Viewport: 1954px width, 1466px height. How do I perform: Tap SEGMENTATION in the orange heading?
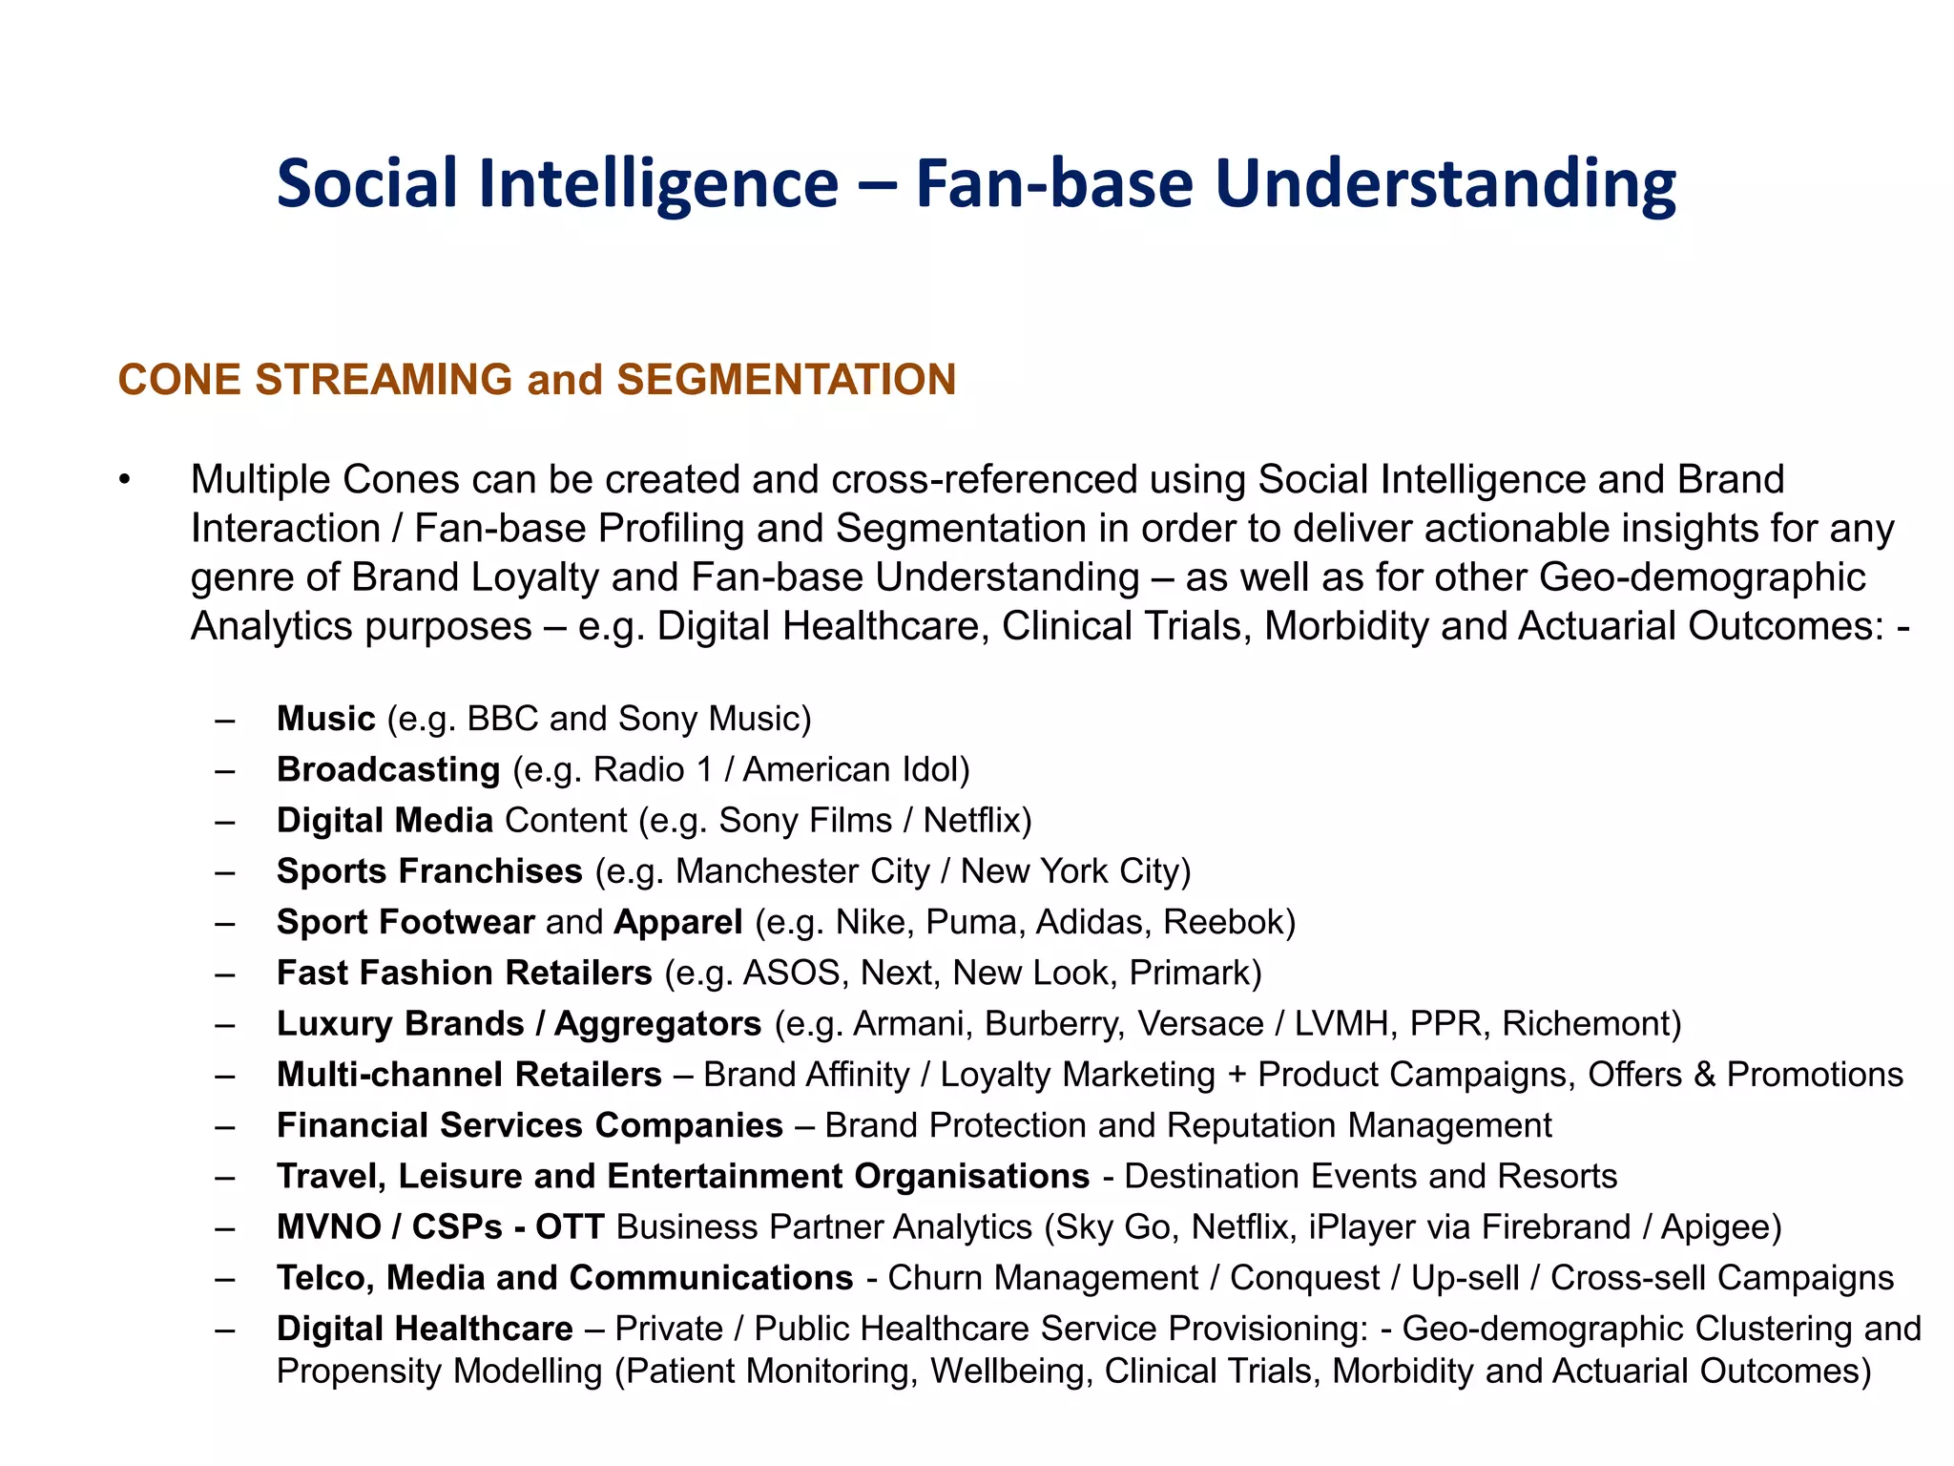(786, 380)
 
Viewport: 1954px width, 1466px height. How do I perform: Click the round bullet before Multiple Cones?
(124, 480)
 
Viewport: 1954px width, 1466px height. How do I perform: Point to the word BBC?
(503, 719)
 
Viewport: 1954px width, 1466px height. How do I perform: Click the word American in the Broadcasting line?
(806, 769)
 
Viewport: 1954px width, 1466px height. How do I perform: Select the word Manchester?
(755, 871)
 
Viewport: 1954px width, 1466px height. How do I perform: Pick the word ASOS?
(796, 973)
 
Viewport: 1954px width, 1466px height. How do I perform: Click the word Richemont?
(1590, 1024)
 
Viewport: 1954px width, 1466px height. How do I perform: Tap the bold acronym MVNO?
(329, 1227)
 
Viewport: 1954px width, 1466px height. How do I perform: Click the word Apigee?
(1720, 1227)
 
